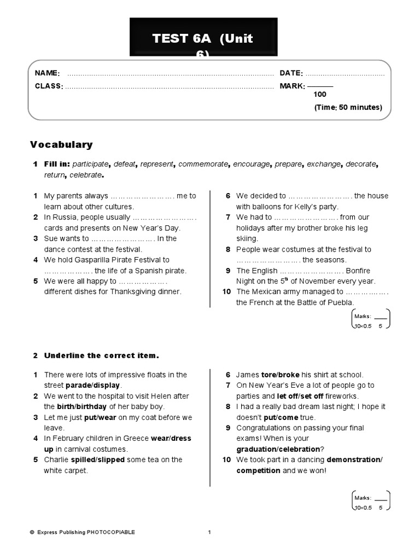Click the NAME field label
47,73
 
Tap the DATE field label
291,73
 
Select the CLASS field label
49,86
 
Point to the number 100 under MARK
320,95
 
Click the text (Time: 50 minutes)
348,107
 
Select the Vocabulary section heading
61,145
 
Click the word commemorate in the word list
205,164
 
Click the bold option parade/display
92,386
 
